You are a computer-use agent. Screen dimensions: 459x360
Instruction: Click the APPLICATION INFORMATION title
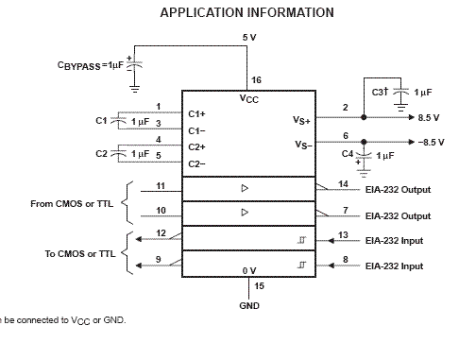pyautogui.click(x=247, y=12)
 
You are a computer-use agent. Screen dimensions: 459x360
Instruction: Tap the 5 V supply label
pyautogui.click(x=249, y=38)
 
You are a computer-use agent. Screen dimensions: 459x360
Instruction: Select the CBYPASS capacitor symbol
pyautogui.click(x=134, y=65)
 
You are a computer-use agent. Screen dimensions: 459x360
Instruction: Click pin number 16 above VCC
pyautogui.click(x=256, y=80)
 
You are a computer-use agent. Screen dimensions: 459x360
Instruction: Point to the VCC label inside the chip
pyautogui.click(x=249, y=99)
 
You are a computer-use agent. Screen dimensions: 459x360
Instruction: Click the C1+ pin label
pyautogui.click(x=196, y=113)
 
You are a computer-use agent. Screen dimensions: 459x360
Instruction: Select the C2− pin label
pyautogui.click(x=196, y=164)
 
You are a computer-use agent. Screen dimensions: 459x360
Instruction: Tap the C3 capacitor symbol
pyautogui.click(x=401, y=92)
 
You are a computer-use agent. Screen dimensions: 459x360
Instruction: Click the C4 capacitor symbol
pyautogui.click(x=364, y=155)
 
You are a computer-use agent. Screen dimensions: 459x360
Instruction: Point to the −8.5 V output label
pyautogui.click(x=432, y=143)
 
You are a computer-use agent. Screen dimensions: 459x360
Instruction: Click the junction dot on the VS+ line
pyautogui.click(x=364, y=117)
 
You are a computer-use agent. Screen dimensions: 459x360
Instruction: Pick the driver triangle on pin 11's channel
pyautogui.click(x=245, y=188)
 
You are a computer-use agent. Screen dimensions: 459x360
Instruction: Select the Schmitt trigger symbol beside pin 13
pyautogui.click(x=301, y=240)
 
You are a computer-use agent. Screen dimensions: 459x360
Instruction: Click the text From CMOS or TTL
pyautogui.click(x=72, y=204)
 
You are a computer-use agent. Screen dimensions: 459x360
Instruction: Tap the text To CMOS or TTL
pyautogui.click(x=80, y=254)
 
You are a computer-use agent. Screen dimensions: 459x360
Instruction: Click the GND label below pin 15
pyautogui.click(x=249, y=306)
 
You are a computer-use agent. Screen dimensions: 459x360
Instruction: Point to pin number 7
pyautogui.click(x=346, y=210)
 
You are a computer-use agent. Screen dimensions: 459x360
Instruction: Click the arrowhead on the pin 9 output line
pyautogui.click(x=138, y=266)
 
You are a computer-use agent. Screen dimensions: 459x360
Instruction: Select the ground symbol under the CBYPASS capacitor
pyautogui.click(x=134, y=89)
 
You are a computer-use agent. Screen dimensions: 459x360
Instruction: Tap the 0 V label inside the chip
pyautogui.click(x=249, y=271)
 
